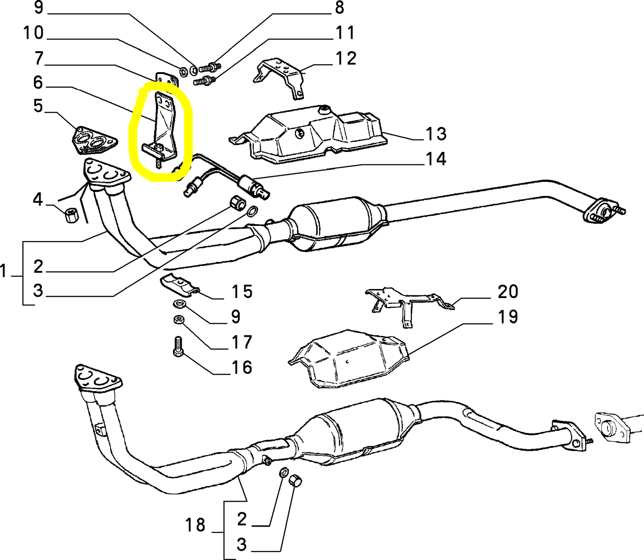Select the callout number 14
coord(435,159)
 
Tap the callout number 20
coord(508,291)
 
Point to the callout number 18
coord(195,525)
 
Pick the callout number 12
coord(346,58)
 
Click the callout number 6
coord(38,82)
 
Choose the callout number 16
coord(242,367)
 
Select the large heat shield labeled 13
coord(308,135)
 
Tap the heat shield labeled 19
coord(349,358)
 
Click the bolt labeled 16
coord(178,347)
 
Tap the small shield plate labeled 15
coord(180,285)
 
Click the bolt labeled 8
coord(210,67)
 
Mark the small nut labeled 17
coord(178,320)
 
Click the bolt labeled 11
coord(204,81)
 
